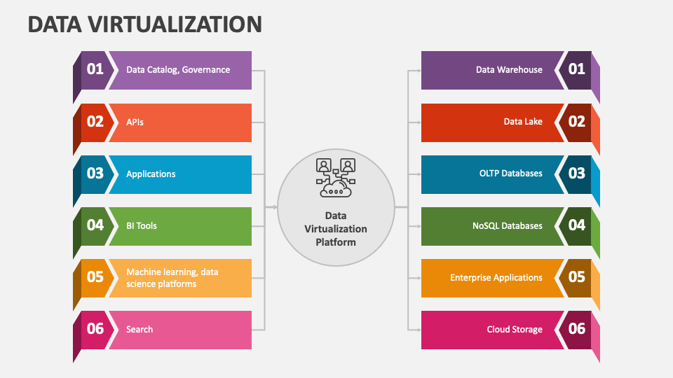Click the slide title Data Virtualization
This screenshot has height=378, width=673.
pyautogui.click(x=145, y=24)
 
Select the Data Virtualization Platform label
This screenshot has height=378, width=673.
pyautogui.click(x=335, y=229)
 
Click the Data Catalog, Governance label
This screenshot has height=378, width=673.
pyautogui.click(x=178, y=70)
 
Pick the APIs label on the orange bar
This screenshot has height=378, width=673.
pyautogui.click(x=135, y=122)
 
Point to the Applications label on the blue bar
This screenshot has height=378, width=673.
pyautogui.click(x=151, y=174)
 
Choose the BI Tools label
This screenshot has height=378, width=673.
pyautogui.click(x=142, y=225)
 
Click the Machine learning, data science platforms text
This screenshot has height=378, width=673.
pyautogui.click(x=172, y=278)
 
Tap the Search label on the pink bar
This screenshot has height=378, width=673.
pyautogui.click(x=140, y=329)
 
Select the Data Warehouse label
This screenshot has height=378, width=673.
pyautogui.click(x=509, y=70)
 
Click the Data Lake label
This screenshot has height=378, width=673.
pyautogui.click(x=523, y=122)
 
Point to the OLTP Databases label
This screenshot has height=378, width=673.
pyautogui.click(x=511, y=174)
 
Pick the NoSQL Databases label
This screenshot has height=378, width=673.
pyautogui.click(x=508, y=225)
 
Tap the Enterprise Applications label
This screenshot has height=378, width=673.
pyautogui.click(x=496, y=278)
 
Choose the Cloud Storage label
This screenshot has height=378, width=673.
pyautogui.click(x=515, y=329)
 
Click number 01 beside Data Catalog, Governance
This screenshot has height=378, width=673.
pyautogui.click(x=95, y=69)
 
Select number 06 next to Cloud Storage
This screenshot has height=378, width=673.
pyautogui.click(x=576, y=329)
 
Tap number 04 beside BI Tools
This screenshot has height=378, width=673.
pyautogui.click(x=95, y=225)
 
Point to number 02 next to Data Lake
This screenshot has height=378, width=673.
pyautogui.click(x=576, y=122)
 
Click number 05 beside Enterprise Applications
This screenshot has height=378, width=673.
pyautogui.click(x=576, y=277)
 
